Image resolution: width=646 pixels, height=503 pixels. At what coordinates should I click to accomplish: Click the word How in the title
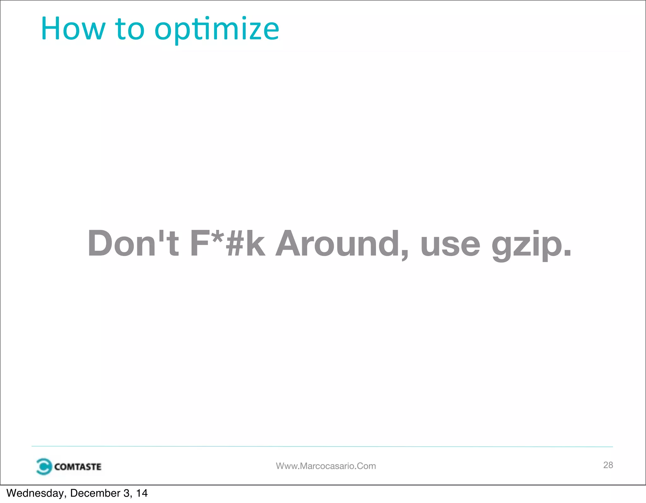pyautogui.click(x=73, y=29)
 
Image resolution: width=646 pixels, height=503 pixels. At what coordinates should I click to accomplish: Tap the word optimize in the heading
pyautogui.click(x=217, y=29)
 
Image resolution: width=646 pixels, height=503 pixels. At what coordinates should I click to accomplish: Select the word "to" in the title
pyautogui.click(x=130, y=29)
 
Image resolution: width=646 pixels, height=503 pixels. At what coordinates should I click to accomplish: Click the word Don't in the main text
pyautogui.click(x=133, y=243)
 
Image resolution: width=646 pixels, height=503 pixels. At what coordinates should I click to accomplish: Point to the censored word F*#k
pyautogui.click(x=227, y=243)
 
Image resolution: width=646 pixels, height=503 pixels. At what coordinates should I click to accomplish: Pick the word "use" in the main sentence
pyautogui.click(x=450, y=245)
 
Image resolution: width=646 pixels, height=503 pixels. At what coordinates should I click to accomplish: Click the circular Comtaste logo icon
pyautogui.click(x=44, y=466)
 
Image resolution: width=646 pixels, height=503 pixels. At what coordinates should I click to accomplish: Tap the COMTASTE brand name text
pyautogui.click(x=78, y=467)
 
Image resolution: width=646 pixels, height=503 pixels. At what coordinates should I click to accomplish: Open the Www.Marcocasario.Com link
pyautogui.click(x=326, y=466)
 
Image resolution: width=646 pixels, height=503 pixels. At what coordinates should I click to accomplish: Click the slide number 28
pyautogui.click(x=608, y=465)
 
